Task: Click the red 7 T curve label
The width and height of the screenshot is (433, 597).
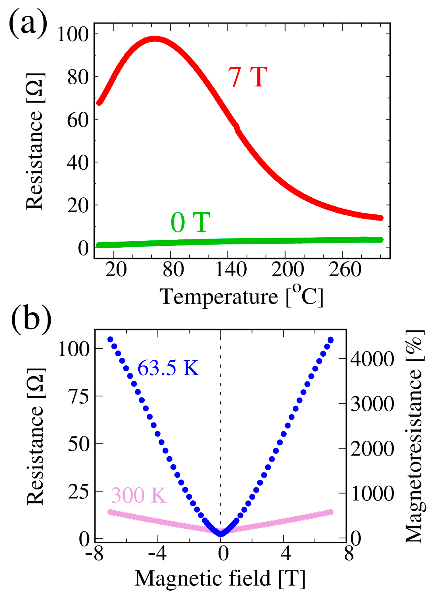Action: pyautogui.click(x=248, y=77)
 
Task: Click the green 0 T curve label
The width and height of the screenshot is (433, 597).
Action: pyautogui.click(x=190, y=222)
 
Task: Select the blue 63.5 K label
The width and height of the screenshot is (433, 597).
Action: pyautogui.click(x=168, y=368)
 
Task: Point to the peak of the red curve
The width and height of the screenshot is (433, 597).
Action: pyautogui.click(x=155, y=39)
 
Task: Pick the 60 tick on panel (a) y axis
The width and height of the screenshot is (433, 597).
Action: pyautogui.click(x=78, y=120)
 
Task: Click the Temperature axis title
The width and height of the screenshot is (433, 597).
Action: pyautogui.click(x=241, y=296)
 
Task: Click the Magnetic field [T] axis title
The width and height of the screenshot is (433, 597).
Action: pyautogui.click(x=220, y=578)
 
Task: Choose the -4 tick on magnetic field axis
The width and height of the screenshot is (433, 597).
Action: pyautogui.click(x=157, y=553)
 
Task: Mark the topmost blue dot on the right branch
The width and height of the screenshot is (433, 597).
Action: pyautogui.click(x=330, y=340)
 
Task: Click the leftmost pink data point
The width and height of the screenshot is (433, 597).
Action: pyautogui.click(x=110, y=512)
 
